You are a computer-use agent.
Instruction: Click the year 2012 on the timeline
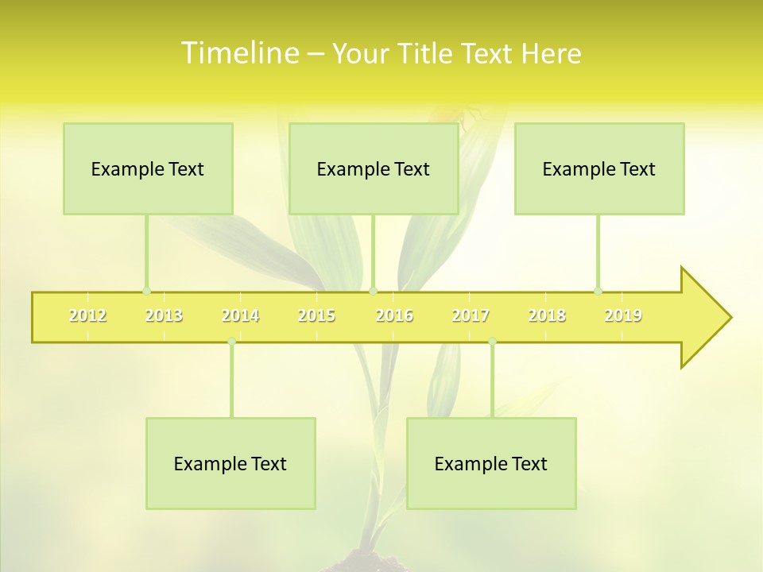[87, 316]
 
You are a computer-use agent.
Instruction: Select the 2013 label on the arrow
[164, 316]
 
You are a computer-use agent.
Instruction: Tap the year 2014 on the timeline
[240, 316]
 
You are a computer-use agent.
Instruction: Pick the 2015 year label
[316, 316]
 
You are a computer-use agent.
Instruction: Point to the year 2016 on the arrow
[394, 316]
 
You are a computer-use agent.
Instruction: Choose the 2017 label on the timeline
[471, 316]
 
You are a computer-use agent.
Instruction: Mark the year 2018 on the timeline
[547, 316]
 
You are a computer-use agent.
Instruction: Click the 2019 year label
[623, 316]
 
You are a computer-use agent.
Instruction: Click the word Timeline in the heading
[239, 53]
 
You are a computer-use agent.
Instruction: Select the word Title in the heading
[428, 54]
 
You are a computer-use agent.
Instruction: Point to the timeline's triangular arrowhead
[704, 318]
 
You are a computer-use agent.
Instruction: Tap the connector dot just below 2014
[231, 342]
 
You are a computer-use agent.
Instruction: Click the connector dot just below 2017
[492, 342]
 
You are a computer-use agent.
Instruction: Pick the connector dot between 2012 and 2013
[146, 291]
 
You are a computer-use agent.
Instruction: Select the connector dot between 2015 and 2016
[373, 291]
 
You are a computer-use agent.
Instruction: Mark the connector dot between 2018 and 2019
[598, 291]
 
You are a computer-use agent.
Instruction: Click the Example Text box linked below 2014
[230, 463]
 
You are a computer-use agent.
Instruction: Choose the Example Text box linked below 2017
[491, 463]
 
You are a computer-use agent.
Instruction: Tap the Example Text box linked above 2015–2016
[374, 168]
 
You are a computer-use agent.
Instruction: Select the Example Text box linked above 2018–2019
[599, 168]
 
